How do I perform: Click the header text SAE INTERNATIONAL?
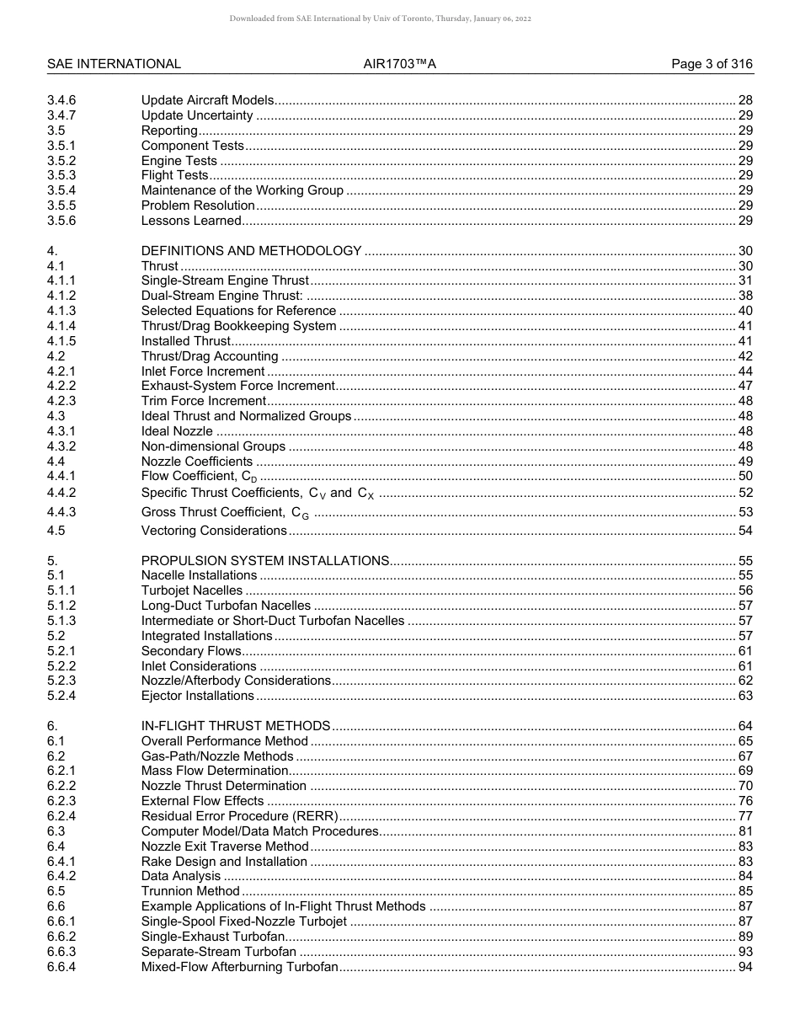114,64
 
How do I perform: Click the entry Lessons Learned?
191,221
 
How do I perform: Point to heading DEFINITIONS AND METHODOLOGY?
251,251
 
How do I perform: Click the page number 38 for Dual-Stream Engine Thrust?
744,296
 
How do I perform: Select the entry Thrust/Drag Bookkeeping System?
238,326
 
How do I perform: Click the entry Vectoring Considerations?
214,531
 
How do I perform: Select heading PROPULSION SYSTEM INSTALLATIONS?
264,561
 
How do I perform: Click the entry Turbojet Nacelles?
191,590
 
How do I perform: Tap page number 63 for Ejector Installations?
744,696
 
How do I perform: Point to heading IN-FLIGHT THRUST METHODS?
235,726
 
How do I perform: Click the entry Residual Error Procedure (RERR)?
239,816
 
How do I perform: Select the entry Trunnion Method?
190,891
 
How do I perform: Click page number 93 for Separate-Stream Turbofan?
744,951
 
